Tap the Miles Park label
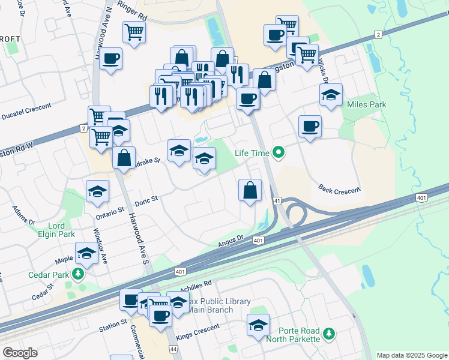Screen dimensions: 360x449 click(367, 104)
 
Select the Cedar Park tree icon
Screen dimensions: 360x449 click(77, 274)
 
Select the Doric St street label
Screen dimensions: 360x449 click(146, 200)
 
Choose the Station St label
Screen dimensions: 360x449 click(113, 324)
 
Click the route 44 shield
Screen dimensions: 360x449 click(172, 349)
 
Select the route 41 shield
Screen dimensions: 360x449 click(277, 201)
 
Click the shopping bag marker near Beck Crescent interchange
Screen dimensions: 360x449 click(250, 190)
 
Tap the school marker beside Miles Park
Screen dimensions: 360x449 click(331, 95)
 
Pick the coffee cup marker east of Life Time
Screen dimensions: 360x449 click(310, 126)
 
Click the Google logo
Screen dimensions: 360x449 click(20, 353)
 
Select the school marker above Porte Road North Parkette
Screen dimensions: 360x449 click(259, 325)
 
